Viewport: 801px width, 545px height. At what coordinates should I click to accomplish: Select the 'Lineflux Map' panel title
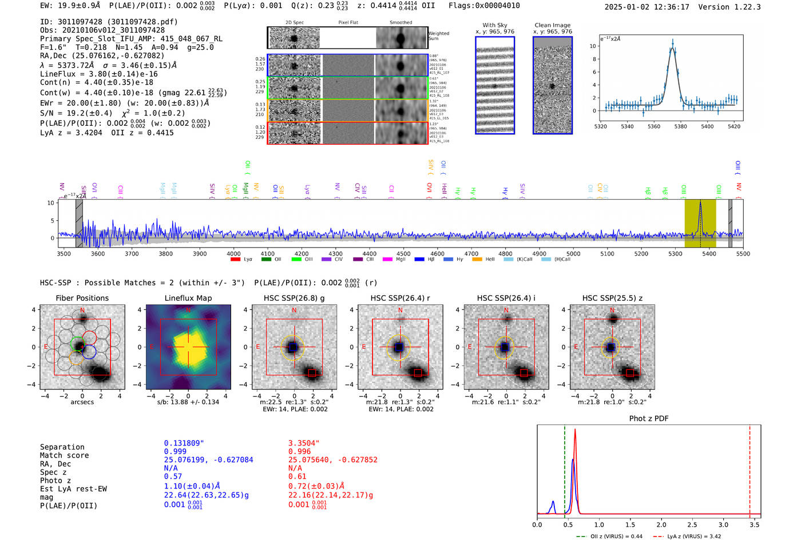point(188,298)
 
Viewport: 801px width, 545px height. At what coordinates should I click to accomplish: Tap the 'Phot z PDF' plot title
point(648,419)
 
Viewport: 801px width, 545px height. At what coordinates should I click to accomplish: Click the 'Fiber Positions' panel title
point(82,298)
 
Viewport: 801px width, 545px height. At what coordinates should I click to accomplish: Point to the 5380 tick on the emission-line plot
point(680,126)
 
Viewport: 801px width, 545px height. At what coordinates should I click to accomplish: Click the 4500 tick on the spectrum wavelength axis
point(403,254)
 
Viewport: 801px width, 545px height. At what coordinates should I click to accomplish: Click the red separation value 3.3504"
point(304,443)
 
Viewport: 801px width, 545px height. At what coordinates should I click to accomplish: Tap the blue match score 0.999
point(175,452)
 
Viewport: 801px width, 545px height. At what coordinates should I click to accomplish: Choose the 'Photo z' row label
point(55,480)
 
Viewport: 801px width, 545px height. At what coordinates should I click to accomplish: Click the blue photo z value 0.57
point(173,476)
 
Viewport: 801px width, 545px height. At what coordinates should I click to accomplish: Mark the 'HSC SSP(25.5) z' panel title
point(612,298)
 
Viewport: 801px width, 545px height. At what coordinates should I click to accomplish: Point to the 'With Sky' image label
point(494,25)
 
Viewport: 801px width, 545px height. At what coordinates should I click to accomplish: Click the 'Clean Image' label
point(552,25)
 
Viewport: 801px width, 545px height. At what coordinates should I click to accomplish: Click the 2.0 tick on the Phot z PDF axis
point(661,524)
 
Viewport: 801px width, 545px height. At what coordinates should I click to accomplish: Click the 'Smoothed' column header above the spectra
point(400,23)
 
